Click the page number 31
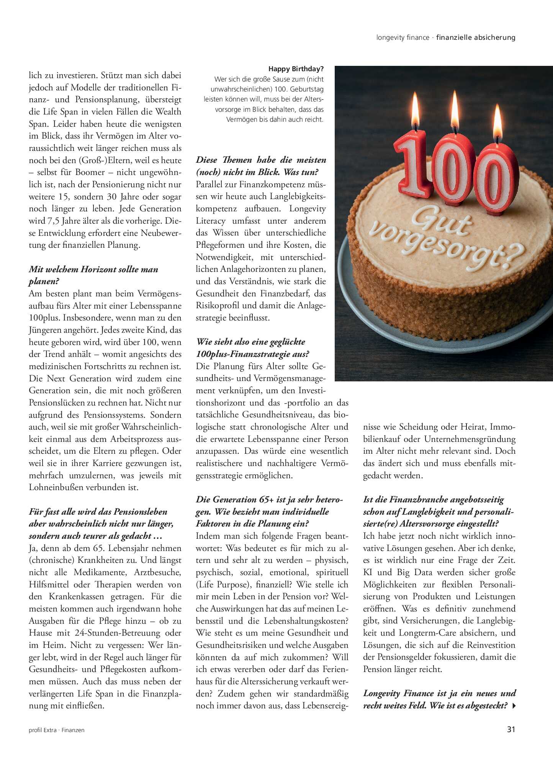tap(511, 729)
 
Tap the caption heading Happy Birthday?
tap(296, 69)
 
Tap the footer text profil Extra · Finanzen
tap(56, 730)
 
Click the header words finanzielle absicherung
tap(476, 38)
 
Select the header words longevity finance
tap(402, 38)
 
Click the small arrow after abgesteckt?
tap(514, 705)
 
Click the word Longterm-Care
tap(429, 633)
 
